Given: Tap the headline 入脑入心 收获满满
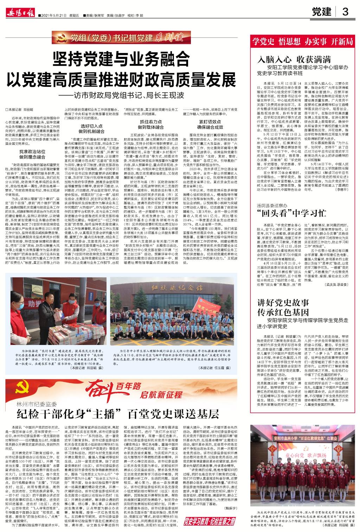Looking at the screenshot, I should click(294, 59).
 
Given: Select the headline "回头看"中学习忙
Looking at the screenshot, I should click(292, 213).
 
